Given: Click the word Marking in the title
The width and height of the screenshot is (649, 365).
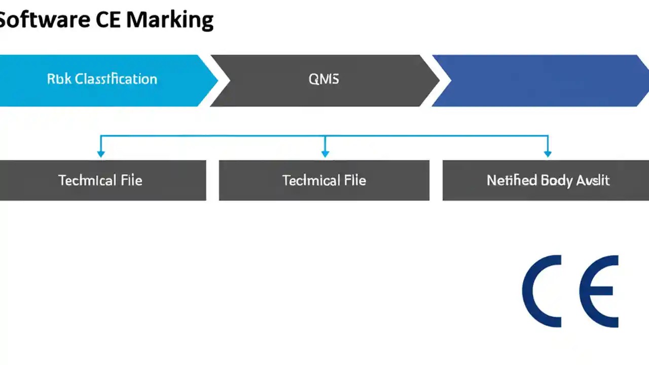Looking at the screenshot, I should [170, 20].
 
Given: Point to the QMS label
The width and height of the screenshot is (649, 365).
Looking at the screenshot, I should [323, 79].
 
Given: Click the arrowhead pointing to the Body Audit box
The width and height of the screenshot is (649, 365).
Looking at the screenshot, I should [548, 153].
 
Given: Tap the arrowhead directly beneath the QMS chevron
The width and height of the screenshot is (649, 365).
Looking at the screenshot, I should [325, 153].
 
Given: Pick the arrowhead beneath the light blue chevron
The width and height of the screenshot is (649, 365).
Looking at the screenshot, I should [101, 153].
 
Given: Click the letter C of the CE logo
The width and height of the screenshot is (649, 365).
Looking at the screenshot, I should [541, 291].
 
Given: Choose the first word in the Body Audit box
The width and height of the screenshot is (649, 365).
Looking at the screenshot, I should [512, 180].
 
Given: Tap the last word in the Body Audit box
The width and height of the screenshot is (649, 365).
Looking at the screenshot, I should [593, 180].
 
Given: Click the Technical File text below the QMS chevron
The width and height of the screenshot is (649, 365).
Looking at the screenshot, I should [324, 180].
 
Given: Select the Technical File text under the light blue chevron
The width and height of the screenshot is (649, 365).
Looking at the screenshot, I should [100, 180].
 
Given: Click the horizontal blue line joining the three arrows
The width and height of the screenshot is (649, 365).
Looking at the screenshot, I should [213, 136].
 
